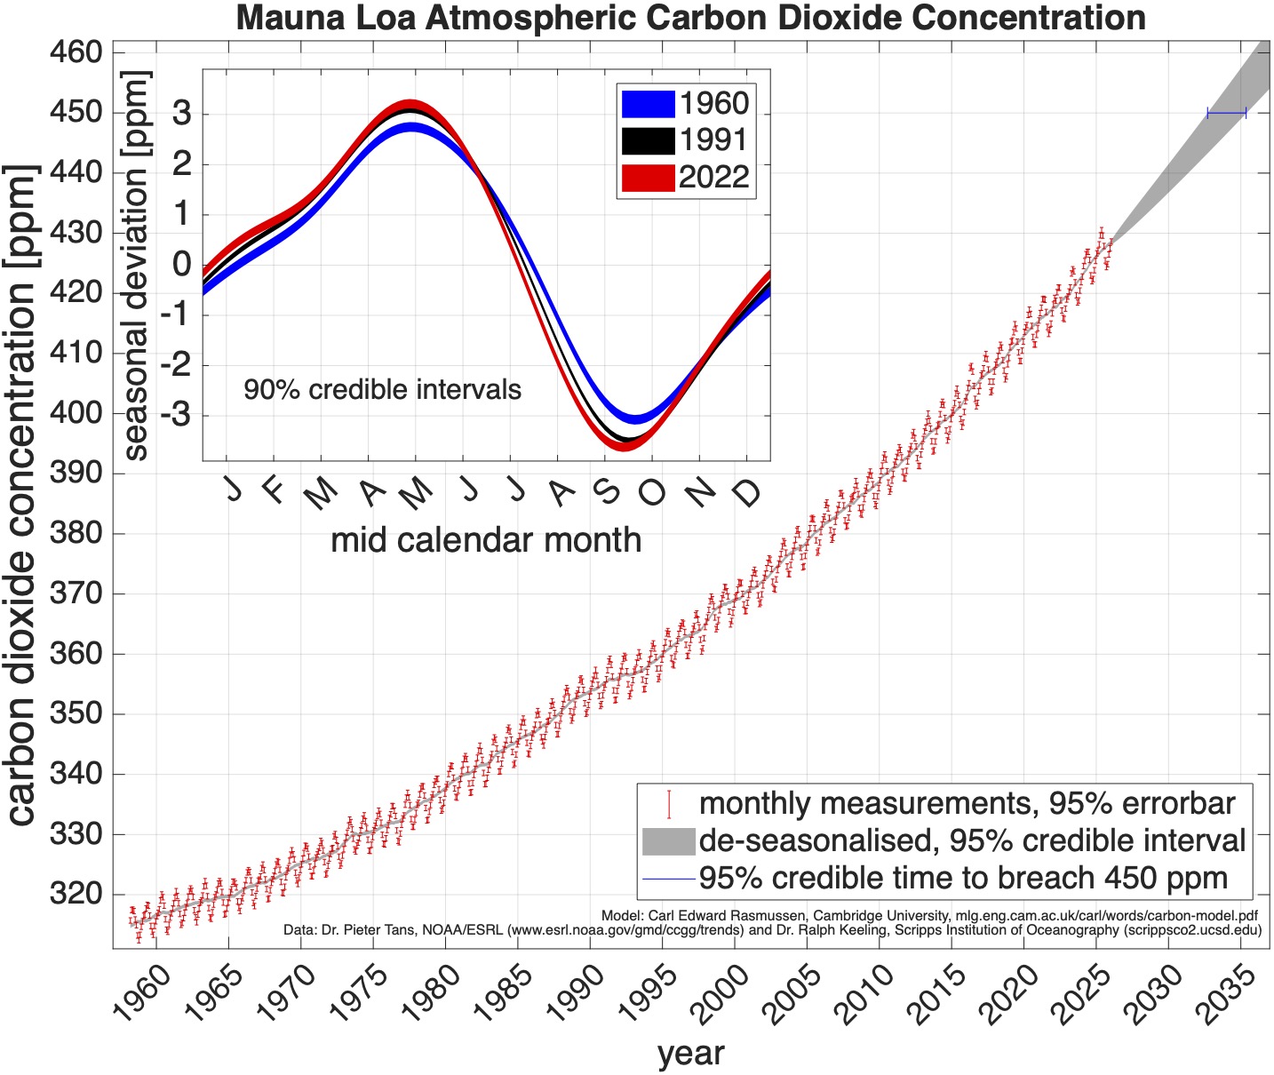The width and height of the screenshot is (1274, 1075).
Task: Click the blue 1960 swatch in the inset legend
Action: pyautogui.click(x=648, y=104)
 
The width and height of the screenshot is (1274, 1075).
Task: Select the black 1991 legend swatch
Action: pyautogui.click(x=648, y=140)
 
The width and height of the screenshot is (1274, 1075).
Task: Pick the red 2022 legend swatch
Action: pyautogui.click(x=648, y=178)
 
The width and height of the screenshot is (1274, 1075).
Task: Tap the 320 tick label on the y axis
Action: pyautogui.click(x=76, y=894)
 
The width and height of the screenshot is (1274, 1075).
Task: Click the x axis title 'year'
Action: pyautogui.click(x=690, y=1054)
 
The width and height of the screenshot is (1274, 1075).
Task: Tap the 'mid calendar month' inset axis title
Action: pyautogui.click(x=485, y=540)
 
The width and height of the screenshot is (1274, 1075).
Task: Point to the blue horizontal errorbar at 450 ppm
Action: pyautogui.click(x=1226, y=113)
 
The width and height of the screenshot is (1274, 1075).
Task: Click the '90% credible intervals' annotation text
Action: pyautogui.click(x=382, y=389)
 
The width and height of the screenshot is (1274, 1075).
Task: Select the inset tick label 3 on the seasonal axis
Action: pyautogui.click(x=182, y=114)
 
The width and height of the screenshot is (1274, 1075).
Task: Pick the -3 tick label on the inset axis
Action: pyautogui.click(x=176, y=415)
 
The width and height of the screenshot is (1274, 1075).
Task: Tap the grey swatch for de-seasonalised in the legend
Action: pyautogui.click(x=667, y=840)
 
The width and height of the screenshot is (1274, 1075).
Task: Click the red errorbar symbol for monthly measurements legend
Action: pyautogui.click(x=668, y=804)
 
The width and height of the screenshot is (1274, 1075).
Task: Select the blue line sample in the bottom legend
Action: pyautogui.click(x=667, y=878)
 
